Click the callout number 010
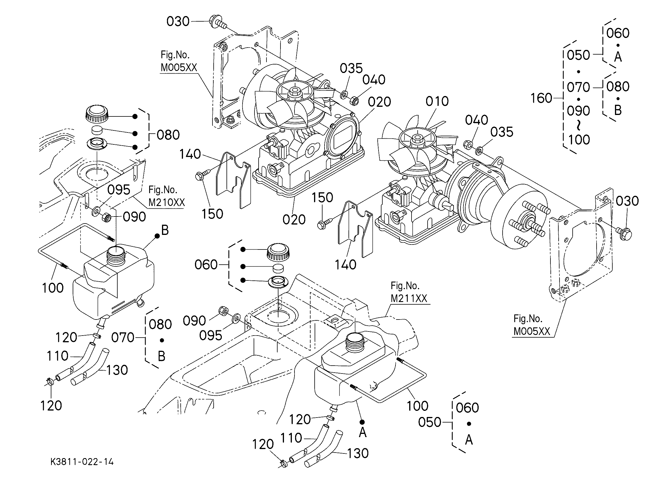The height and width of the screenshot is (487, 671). click(437, 102)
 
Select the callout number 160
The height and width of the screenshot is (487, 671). click(541, 98)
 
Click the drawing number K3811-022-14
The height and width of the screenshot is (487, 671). click(82, 462)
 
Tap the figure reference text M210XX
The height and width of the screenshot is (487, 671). click(167, 203)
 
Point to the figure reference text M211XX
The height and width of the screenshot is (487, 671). click(409, 299)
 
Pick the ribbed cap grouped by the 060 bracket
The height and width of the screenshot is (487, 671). click(278, 252)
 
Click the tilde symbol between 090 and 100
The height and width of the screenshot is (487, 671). click(578, 126)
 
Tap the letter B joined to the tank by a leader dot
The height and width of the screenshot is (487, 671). click(165, 230)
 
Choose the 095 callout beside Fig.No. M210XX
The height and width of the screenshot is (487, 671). click(118, 190)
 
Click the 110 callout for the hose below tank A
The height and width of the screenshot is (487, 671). click(291, 438)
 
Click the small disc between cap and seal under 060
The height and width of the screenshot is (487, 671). click(278, 268)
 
